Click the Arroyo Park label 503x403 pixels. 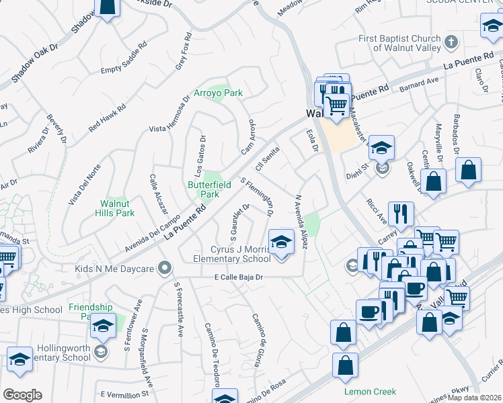pos(219,93)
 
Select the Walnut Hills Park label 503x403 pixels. pos(117,208)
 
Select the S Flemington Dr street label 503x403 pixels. pos(257,197)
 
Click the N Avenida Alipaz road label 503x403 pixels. pos(300,222)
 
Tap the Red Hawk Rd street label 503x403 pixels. pos(108,118)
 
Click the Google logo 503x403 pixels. pos(22,395)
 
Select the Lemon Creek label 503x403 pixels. pos(370,392)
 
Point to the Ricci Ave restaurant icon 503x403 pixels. pos(401,214)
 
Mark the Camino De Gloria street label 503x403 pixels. pos(256,340)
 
